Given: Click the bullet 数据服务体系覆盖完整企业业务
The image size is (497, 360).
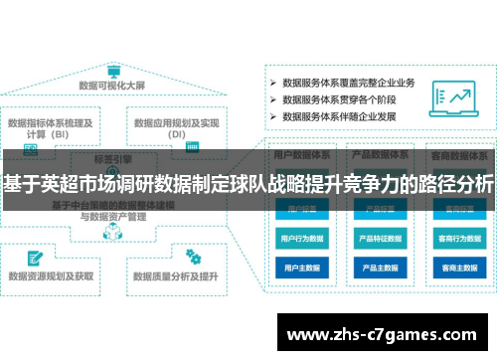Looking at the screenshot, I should [348, 82].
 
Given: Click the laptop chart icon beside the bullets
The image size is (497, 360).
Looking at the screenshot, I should [458, 98].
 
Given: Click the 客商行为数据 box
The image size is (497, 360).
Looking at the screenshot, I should [456, 239].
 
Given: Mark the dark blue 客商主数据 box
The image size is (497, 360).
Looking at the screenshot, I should [456, 268].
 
